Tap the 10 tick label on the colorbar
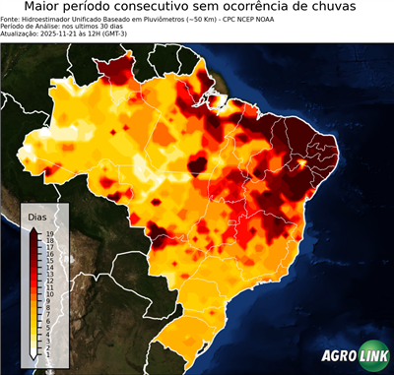coord(49,292)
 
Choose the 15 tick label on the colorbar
coord(49,260)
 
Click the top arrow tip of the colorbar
coord(34,226)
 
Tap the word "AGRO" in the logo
coord(336,357)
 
